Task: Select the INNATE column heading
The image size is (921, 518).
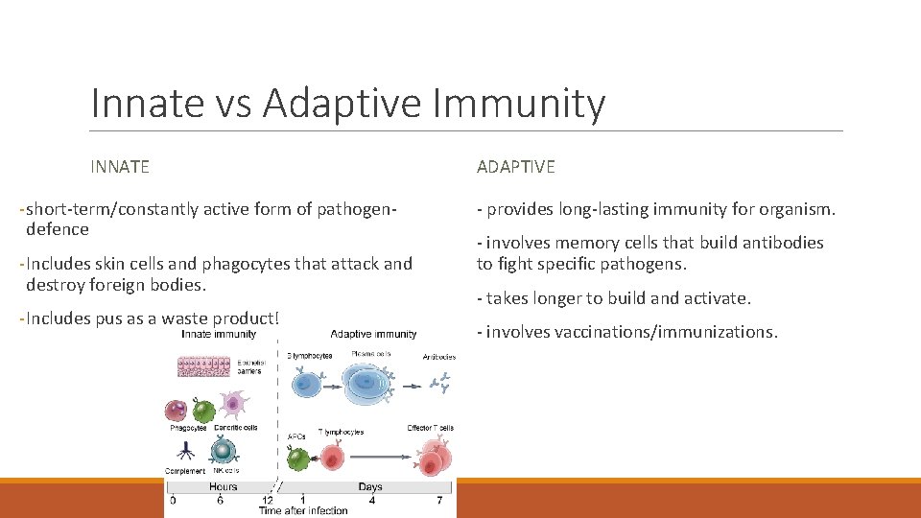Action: [x=120, y=167]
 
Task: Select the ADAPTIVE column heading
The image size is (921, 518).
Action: [x=515, y=167]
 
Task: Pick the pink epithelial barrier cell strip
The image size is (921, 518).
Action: [x=203, y=365]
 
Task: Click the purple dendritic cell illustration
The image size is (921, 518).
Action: [x=231, y=404]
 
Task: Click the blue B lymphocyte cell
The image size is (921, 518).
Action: [x=309, y=383]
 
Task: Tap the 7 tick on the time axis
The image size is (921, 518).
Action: [x=439, y=500]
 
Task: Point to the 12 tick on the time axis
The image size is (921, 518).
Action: [x=267, y=500]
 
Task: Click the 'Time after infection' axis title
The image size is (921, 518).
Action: [x=303, y=510]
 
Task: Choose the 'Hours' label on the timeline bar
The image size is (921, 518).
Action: [x=223, y=487]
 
